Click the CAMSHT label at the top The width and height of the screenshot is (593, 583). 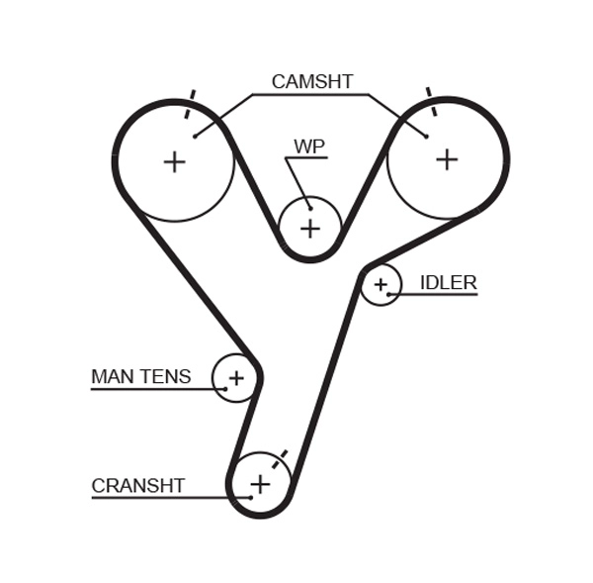point(311,82)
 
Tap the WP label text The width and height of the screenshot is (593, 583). point(309,146)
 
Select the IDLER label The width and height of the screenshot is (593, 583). point(448,283)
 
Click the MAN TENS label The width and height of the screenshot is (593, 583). point(140,377)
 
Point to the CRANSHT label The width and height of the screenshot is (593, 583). point(137,486)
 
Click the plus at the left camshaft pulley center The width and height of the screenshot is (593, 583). point(174,161)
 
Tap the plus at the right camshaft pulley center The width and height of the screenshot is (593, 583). point(447,158)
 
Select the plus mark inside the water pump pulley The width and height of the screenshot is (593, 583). point(310,229)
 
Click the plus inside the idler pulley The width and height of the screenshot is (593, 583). point(381,285)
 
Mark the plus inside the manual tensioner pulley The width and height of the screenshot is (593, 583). point(236,378)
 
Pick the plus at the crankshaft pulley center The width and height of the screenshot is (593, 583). point(260,484)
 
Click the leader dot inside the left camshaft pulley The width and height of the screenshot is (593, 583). point(195,137)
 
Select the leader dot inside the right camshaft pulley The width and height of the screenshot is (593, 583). point(426,137)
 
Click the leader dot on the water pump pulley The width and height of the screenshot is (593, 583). point(309,208)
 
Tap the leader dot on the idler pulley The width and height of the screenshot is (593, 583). point(389,294)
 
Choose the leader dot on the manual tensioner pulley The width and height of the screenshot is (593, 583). point(224,389)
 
